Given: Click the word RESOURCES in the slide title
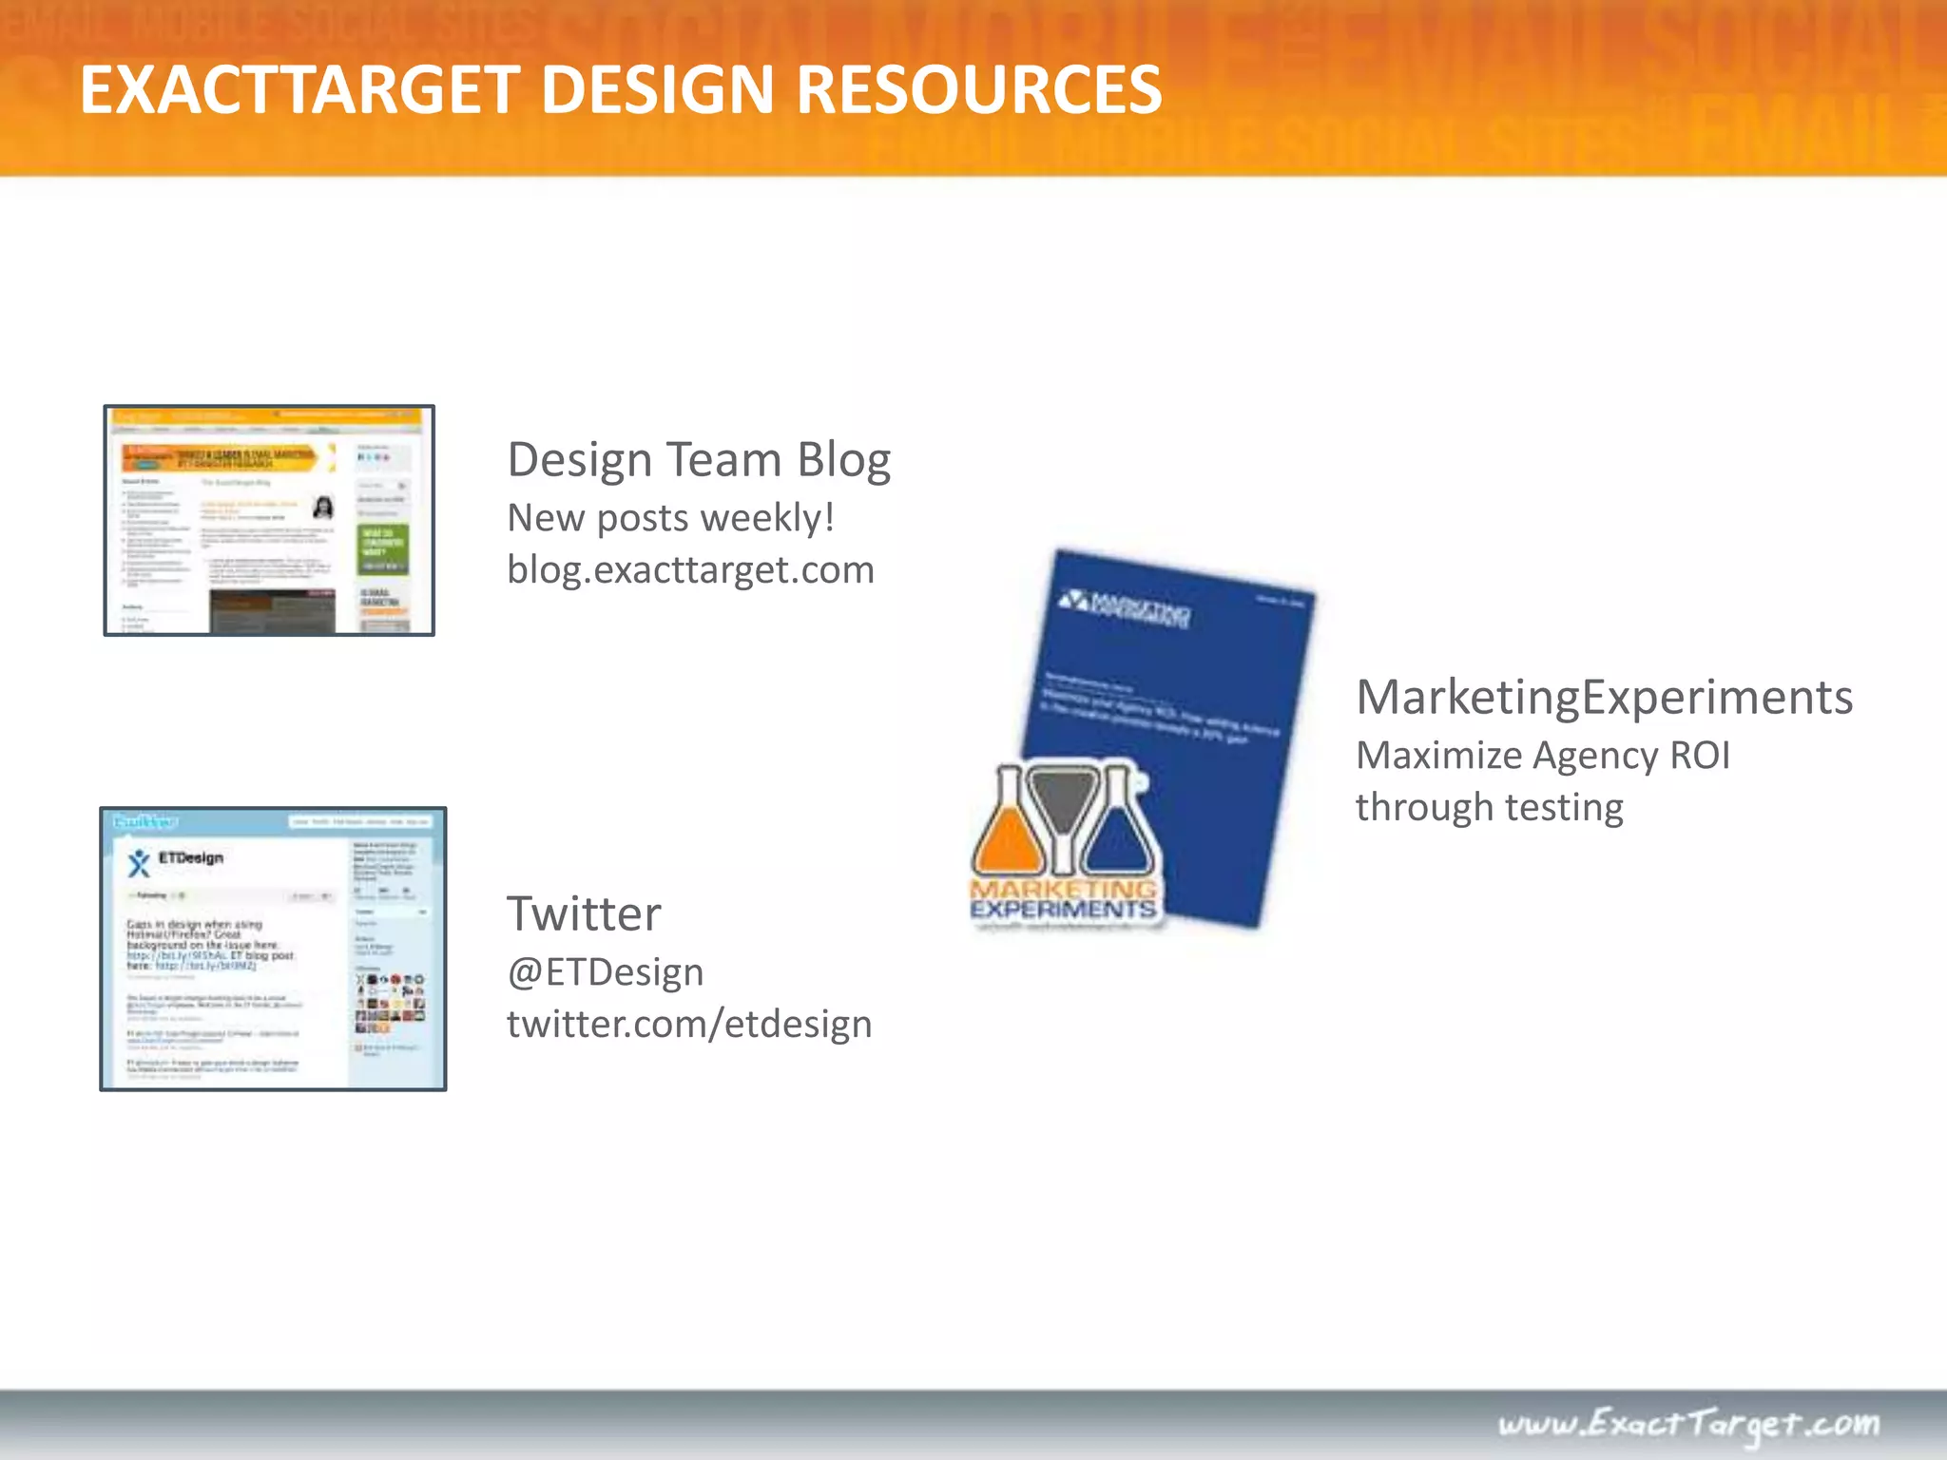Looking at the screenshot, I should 978,91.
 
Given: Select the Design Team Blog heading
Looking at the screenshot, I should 699,460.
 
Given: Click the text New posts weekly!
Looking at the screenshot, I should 671,518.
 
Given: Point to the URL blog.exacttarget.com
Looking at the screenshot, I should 690,570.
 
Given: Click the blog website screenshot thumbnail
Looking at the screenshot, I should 269,521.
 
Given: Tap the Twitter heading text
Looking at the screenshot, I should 584,914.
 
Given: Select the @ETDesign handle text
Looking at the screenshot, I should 606,972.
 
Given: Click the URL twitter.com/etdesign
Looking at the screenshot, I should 689,1025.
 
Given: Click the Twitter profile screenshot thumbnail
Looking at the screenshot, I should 273,949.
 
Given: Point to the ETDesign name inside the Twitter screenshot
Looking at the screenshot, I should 190,857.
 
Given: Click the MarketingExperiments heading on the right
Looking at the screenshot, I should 1604,698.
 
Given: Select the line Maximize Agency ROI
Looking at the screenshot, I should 1542,756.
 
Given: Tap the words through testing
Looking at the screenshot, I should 1489,808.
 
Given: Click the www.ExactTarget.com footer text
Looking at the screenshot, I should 1688,1423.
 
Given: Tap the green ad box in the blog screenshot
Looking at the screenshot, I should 382,548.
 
